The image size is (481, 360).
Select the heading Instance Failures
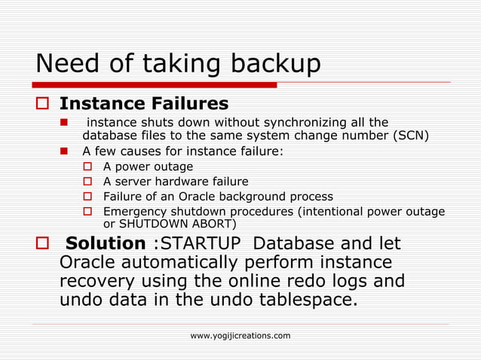pyautogui.click(x=144, y=102)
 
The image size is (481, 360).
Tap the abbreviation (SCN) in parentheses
pyautogui.click(x=409, y=136)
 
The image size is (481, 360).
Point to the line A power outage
pyautogui.click(x=148, y=166)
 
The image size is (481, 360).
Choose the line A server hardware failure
pyautogui.click(x=176, y=182)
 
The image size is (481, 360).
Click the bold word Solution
pyautogui.click(x=105, y=244)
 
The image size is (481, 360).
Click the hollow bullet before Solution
pyautogui.click(x=43, y=245)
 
